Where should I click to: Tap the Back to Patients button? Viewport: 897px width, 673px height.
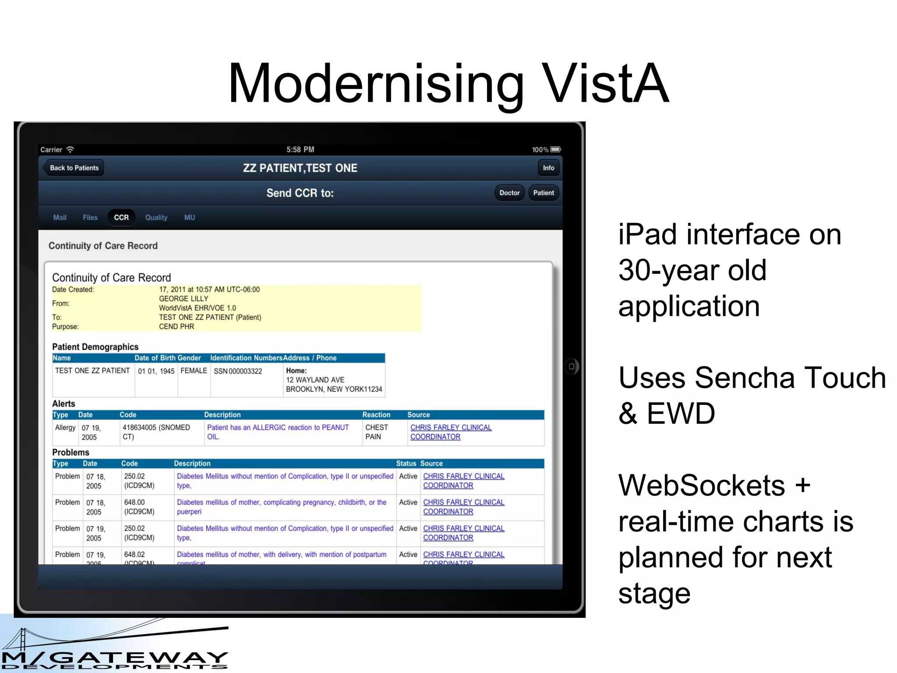tap(74, 168)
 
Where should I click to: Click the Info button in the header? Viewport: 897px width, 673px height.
tap(548, 168)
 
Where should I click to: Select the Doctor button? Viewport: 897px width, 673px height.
tap(509, 193)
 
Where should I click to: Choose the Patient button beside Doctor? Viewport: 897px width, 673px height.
tap(544, 193)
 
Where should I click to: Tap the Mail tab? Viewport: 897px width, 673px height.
tap(60, 217)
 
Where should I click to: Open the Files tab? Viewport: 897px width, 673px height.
tap(90, 217)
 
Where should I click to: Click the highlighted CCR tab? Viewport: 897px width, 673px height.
tap(121, 217)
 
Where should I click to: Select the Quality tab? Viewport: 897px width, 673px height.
tap(156, 217)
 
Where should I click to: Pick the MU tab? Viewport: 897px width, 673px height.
tap(190, 217)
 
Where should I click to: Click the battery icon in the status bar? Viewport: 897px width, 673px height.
tap(556, 149)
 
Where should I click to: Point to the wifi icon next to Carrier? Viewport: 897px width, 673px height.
tap(70, 149)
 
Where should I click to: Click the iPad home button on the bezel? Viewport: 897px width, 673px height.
tap(572, 366)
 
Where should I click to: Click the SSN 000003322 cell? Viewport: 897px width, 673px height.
tap(238, 371)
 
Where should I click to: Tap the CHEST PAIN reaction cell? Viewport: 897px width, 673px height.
tap(377, 432)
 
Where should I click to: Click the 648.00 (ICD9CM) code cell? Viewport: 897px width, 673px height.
tap(139, 507)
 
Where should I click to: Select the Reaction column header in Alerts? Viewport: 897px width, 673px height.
tap(376, 414)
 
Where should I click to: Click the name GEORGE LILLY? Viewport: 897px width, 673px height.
tap(184, 298)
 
